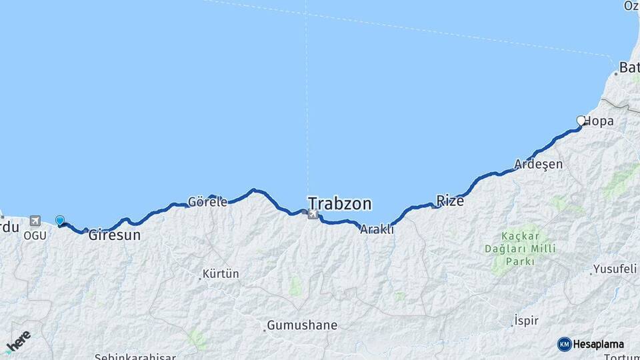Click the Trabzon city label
point(339,203)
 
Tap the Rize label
point(450,200)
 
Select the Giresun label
point(115,235)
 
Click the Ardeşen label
point(539,164)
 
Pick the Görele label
point(207,201)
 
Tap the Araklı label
point(377,229)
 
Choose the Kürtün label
point(221,274)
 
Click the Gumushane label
point(302,326)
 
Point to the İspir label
point(526,321)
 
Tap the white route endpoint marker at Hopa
point(581,121)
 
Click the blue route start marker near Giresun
point(60,221)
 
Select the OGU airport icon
point(35,221)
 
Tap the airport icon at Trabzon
point(311,213)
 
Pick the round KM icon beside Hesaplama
point(564,344)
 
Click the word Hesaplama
point(598,344)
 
